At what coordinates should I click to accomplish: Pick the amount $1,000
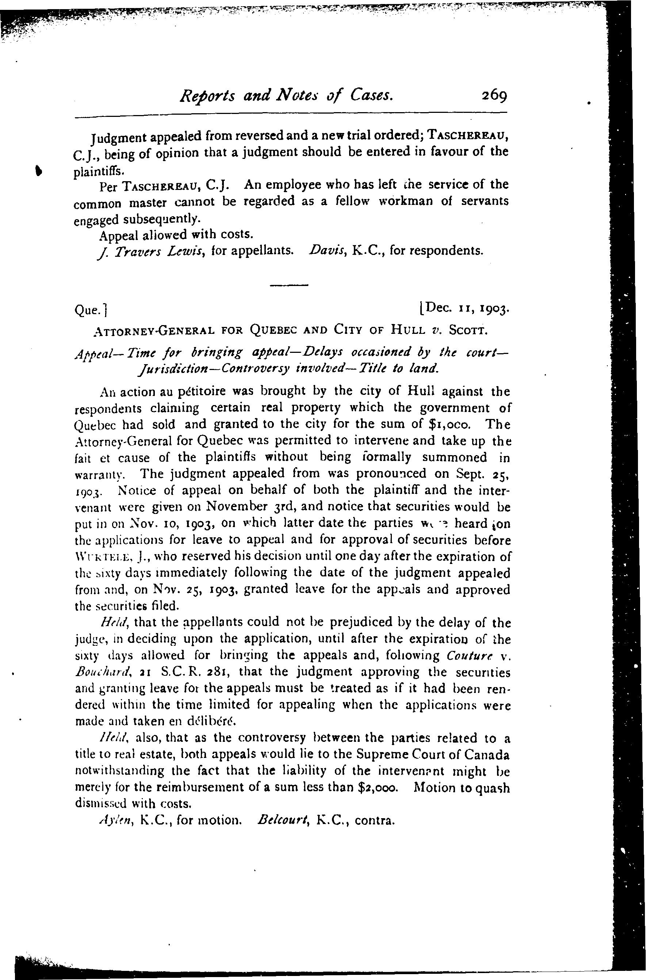pyautogui.click(x=450, y=424)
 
